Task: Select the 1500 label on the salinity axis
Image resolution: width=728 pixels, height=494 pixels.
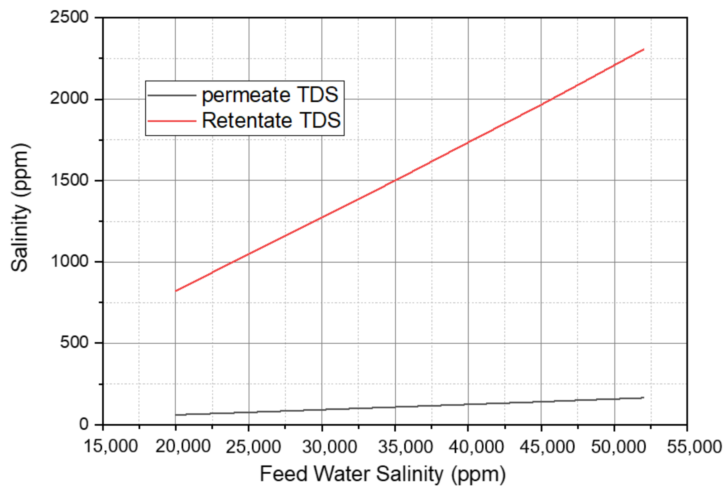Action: [x=69, y=180]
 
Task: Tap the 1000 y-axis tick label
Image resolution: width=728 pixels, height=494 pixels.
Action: [x=69, y=261]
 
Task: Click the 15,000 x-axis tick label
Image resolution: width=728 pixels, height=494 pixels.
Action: [x=110, y=446]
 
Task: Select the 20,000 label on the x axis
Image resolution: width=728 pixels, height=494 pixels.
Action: [x=183, y=446]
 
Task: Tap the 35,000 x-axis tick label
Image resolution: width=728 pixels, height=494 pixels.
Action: [x=405, y=446]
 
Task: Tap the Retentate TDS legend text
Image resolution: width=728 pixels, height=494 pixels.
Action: [x=271, y=120]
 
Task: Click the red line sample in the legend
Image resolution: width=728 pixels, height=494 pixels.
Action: [x=172, y=121]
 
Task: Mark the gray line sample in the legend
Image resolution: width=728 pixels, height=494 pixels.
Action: [x=172, y=95]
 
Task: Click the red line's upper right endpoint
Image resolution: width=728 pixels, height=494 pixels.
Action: [x=643, y=50]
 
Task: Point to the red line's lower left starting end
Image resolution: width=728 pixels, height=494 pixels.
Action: [x=176, y=291]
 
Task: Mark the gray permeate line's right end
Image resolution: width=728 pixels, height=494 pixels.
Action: [x=643, y=397]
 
